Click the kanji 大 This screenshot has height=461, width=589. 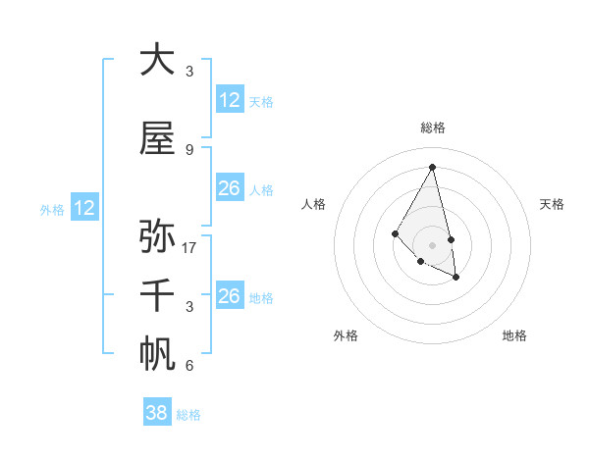(x=157, y=60)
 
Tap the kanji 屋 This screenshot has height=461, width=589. (x=157, y=139)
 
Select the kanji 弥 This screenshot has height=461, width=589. (x=157, y=236)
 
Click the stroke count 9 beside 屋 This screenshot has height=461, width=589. (x=189, y=149)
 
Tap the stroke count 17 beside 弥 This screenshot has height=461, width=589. (x=190, y=247)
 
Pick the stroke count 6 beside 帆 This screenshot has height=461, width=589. (x=189, y=366)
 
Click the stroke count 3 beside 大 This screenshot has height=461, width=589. (x=189, y=71)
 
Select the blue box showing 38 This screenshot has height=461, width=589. (x=156, y=413)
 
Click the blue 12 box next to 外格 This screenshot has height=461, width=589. (x=83, y=208)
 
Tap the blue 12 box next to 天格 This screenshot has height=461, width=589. (x=230, y=100)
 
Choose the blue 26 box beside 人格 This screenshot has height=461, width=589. (x=230, y=188)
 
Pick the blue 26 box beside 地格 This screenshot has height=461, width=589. (x=230, y=296)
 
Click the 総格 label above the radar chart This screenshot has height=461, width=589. (x=433, y=128)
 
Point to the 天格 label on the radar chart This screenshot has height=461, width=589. (x=552, y=204)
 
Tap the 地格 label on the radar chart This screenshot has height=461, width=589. (x=514, y=335)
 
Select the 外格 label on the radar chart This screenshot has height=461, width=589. (x=346, y=335)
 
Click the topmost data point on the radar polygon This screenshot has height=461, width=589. (x=432, y=167)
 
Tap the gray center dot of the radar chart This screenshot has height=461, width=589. (x=432, y=244)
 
